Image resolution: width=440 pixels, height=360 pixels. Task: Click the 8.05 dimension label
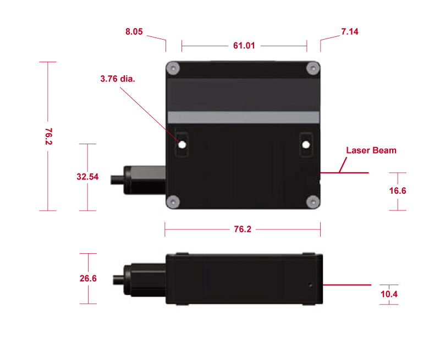tap(134, 32)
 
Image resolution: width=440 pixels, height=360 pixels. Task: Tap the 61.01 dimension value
tap(244, 46)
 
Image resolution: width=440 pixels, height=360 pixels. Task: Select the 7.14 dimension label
tap(350, 32)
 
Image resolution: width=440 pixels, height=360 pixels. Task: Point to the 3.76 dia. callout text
tap(118, 79)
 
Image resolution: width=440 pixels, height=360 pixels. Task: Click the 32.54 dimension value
tap(87, 177)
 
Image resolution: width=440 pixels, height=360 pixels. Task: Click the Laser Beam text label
tap(371, 150)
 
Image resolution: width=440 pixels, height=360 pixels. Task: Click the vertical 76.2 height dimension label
tap(48, 137)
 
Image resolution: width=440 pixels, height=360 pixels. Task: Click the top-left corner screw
tap(174, 68)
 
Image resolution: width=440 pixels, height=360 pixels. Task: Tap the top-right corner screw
tap(312, 68)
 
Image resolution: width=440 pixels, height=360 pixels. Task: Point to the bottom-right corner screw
tap(312, 201)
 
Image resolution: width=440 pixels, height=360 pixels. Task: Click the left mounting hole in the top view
tap(182, 145)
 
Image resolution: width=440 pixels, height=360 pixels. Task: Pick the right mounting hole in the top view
tap(305, 145)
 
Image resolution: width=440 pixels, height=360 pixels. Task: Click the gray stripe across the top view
tap(243, 117)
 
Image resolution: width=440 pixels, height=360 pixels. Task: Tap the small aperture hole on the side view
tap(310, 286)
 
